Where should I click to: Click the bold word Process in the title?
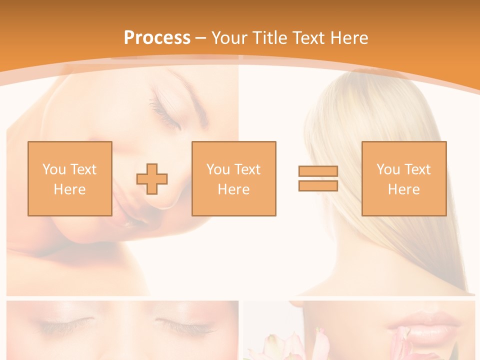pos(157,38)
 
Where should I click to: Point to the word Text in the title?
pos(309,38)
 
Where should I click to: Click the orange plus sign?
pos(152,179)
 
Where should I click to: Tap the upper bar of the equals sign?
pos(318,171)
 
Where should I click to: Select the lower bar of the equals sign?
pos(318,185)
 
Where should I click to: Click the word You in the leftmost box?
pos(54,169)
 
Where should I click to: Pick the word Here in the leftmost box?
pos(69,189)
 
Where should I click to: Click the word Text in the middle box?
pos(247,169)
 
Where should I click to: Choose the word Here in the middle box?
pos(233,189)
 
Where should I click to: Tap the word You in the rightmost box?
pos(388,169)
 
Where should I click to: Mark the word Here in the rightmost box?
pos(403,189)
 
